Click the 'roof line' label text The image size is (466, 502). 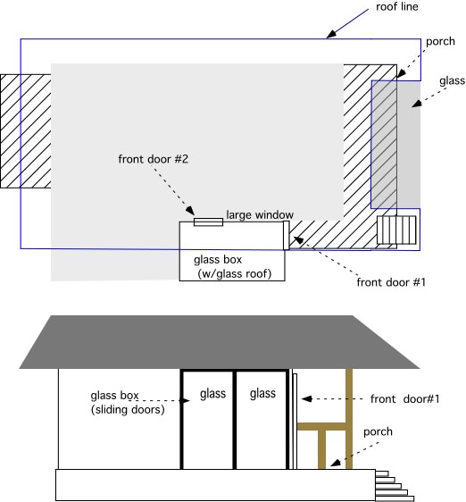(x=397, y=7)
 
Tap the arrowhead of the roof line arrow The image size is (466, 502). (x=331, y=34)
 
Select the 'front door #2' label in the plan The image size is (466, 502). (x=154, y=159)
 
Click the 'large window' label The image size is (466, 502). (x=260, y=214)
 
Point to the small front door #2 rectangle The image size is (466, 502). (x=208, y=222)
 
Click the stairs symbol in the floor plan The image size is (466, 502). (x=396, y=230)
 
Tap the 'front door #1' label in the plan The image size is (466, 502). (x=391, y=282)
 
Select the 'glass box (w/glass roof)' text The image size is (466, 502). (x=232, y=267)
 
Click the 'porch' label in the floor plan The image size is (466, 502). (x=440, y=42)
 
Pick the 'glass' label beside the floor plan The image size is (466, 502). (x=452, y=80)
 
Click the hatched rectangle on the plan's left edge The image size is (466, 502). (x=26, y=131)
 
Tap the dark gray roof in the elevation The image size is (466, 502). (x=220, y=342)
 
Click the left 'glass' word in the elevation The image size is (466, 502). (x=212, y=394)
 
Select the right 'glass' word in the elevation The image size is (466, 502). (x=262, y=394)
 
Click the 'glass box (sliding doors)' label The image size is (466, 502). (x=128, y=403)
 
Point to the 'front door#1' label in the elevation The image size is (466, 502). (x=405, y=399)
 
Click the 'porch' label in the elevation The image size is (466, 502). (x=378, y=432)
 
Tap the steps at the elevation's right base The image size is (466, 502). (x=395, y=485)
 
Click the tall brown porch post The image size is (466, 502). (x=349, y=419)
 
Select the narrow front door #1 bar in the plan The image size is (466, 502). (x=287, y=235)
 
